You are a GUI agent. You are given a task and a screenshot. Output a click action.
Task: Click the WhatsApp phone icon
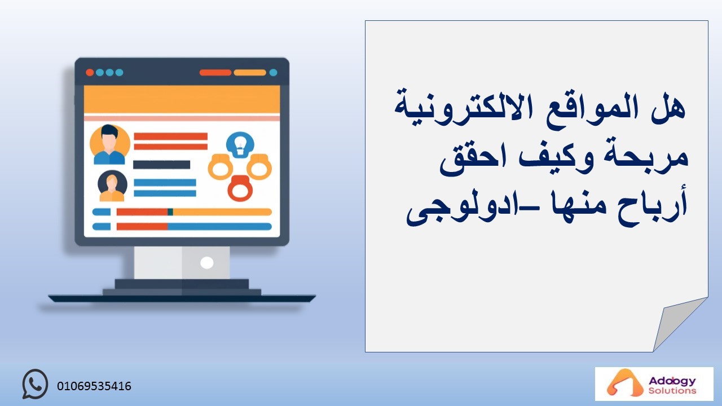tap(35, 384)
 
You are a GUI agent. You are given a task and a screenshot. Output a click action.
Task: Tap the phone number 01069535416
tap(94, 386)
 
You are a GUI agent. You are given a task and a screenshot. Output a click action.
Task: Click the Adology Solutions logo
tap(654, 384)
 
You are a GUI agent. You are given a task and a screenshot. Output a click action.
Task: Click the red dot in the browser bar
tap(90, 73)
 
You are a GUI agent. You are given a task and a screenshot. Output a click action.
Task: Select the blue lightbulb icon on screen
tap(240, 145)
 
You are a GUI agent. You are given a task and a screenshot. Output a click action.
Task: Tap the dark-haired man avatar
tap(109, 144)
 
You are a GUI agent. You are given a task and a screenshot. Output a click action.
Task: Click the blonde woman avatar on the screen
tap(112, 186)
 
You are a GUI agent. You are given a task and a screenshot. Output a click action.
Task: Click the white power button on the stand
tap(206, 263)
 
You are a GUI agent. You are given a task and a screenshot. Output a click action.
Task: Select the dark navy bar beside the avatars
tap(162, 165)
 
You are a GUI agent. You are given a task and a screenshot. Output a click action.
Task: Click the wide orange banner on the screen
tap(182, 99)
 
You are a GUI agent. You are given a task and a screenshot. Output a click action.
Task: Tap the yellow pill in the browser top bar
tap(250, 73)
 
